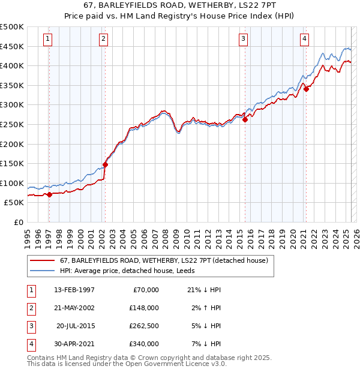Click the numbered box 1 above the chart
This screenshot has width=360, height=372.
(x=47, y=39)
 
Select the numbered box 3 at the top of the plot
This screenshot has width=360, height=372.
(x=243, y=39)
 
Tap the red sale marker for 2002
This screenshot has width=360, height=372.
(x=105, y=164)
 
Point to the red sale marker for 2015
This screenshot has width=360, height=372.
(x=245, y=119)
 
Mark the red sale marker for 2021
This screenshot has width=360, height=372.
(x=306, y=89)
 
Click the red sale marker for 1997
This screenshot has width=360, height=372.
(x=49, y=194)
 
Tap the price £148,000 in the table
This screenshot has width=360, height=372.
(x=144, y=308)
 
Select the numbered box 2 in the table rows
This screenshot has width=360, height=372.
(x=31, y=308)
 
